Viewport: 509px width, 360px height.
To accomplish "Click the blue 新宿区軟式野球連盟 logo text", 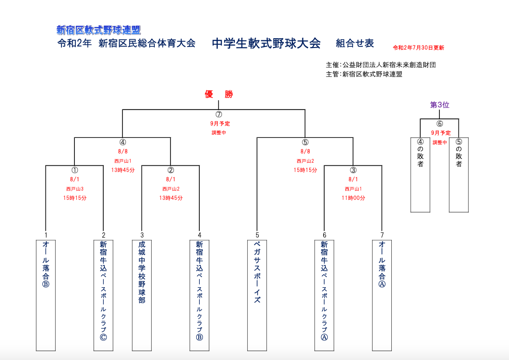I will (x=99, y=30).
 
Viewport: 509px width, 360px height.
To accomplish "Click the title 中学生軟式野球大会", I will (x=266, y=43).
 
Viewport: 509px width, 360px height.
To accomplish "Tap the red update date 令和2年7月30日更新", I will (x=419, y=48).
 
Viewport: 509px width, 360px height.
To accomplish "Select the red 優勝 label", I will (x=219, y=95).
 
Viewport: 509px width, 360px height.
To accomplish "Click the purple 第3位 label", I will (x=440, y=105).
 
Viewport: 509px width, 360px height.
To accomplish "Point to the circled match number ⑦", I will (x=219, y=114).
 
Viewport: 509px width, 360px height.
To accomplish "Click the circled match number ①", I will (x=74, y=170).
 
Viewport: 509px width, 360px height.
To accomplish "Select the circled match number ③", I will (x=353, y=170).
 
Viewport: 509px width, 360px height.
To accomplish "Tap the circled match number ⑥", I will (x=440, y=124).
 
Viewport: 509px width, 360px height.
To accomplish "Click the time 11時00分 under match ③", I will (x=353, y=198).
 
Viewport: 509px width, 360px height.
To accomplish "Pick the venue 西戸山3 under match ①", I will (x=74, y=189).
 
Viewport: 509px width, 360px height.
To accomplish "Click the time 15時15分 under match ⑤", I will (x=305, y=170).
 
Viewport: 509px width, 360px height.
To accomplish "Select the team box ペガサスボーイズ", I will (x=257, y=294).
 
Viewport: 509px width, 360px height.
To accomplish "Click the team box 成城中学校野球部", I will (x=141, y=294).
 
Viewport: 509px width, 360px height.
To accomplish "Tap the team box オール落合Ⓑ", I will (x=45, y=294).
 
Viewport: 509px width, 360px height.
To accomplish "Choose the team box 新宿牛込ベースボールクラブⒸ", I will (x=103, y=294).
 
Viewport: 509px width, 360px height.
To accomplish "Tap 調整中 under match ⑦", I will (x=219, y=133).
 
